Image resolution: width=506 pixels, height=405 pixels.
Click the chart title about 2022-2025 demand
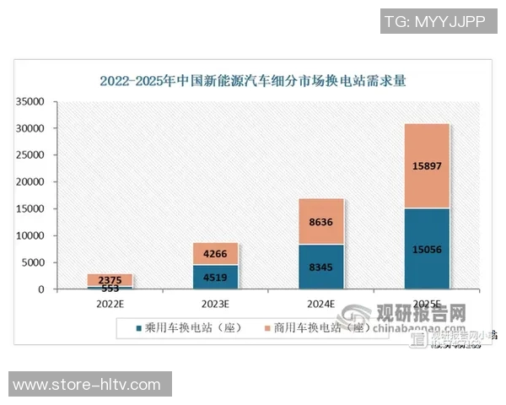click(x=253, y=82)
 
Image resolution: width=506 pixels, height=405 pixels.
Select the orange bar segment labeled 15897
click(x=426, y=165)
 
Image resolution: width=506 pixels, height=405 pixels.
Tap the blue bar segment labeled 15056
click(x=426, y=249)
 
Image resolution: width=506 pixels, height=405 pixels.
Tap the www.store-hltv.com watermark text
click(x=90, y=385)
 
